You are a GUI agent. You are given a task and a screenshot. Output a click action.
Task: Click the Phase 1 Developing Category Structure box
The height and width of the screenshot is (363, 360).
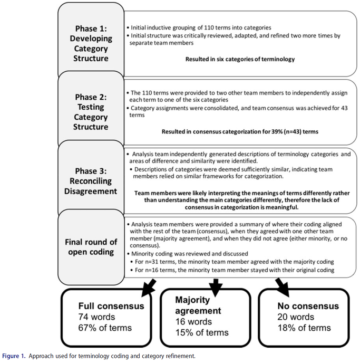click(91, 41)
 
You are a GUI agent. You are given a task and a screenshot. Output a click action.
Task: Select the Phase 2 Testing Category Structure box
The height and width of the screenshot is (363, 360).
click(91, 109)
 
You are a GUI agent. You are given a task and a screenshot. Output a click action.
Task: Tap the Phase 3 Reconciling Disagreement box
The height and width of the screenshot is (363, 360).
click(91, 178)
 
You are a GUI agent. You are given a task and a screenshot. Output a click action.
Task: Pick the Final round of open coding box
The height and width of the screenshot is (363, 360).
click(91, 247)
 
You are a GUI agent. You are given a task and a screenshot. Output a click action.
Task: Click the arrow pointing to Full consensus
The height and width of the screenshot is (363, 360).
click(149, 288)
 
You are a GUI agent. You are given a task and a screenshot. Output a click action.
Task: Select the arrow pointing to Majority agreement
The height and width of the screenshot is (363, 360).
click(216, 288)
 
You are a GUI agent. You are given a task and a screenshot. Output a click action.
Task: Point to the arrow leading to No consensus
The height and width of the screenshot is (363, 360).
click(283, 288)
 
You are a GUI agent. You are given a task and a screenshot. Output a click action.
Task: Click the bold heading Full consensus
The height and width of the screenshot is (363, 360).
click(111, 306)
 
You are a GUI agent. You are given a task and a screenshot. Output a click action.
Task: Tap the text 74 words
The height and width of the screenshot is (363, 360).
click(96, 317)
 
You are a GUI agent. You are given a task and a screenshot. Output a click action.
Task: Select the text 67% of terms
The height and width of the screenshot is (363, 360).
click(105, 328)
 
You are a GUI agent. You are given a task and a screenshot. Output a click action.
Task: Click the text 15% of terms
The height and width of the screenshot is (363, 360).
click(202, 333)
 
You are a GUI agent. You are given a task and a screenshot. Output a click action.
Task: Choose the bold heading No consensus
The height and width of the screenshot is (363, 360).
click(308, 306)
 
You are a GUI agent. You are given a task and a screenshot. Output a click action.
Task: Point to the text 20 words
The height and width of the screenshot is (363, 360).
click(296, 317)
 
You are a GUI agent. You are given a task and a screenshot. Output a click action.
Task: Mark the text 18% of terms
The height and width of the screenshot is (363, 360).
click(304, 328)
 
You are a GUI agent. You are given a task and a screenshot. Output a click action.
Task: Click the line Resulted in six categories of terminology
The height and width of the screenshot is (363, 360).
click(240, 59)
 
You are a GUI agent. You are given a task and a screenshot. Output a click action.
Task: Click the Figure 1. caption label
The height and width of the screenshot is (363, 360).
click(14, 356)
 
